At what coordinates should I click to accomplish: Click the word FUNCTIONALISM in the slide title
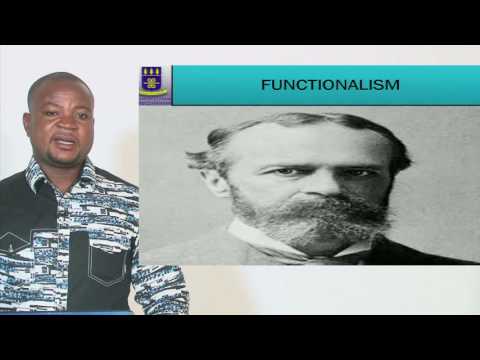(330, 85)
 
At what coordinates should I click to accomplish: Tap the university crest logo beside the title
(153, 84)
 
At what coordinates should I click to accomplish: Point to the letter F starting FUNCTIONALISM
(265, 85)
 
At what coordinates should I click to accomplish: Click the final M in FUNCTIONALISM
(392, 85)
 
